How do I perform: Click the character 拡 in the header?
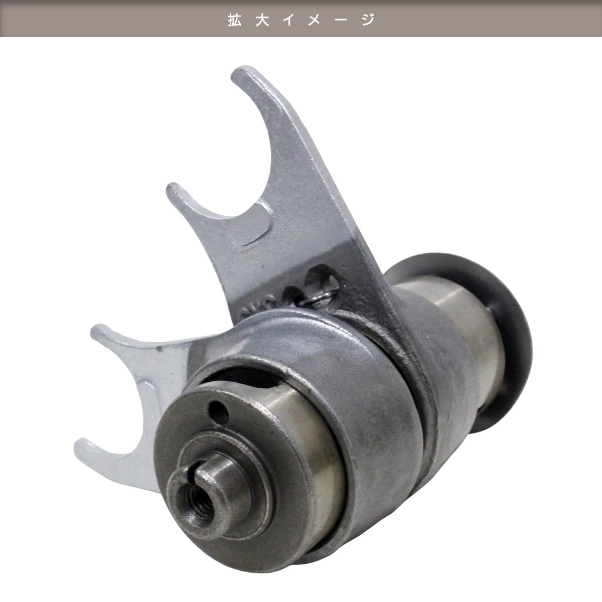coord(235,20)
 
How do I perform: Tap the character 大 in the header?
coord(262,20)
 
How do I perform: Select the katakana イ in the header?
coord(289,20)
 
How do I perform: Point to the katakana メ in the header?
coord(316,20)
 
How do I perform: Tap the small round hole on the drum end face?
coord(218,409)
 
